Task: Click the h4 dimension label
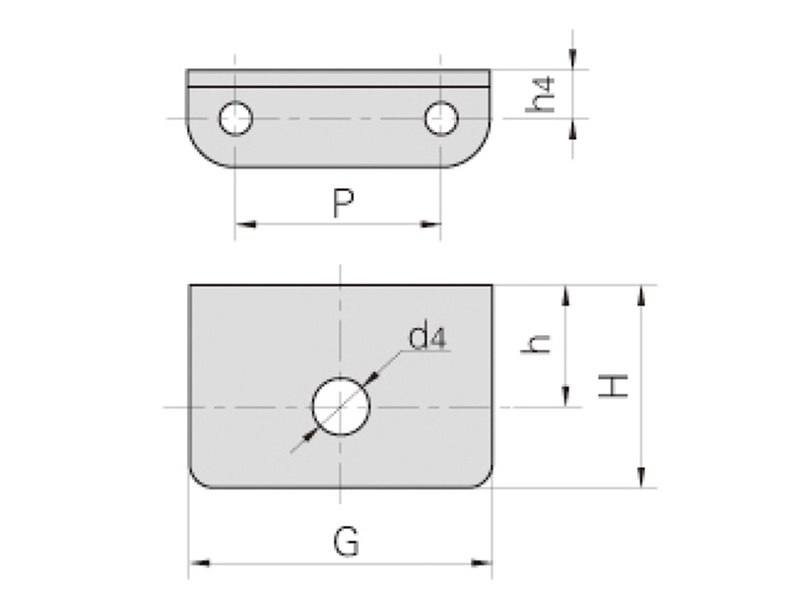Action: pyautogui.click(x=543, y=94)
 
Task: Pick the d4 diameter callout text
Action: pyautogui.click(x=427, y=339)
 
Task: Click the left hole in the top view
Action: pyautogui.click(x=235, y=118)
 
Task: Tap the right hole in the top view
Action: pyautogui.click(x=440, y=118)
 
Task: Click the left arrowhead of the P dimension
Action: pyautogui.click(x=242, y=225)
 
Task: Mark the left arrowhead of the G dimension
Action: pyautogui.click(x=196, y=562)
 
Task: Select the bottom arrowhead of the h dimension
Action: pyautogui.click(x=565, y=398)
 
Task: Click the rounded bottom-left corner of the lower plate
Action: pyautogui.click(x=197, y=479)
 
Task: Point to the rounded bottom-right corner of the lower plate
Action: pyautogui.click(x=484, y=479)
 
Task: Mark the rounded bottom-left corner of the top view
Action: pyautogui.click(x=200, y=154)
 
